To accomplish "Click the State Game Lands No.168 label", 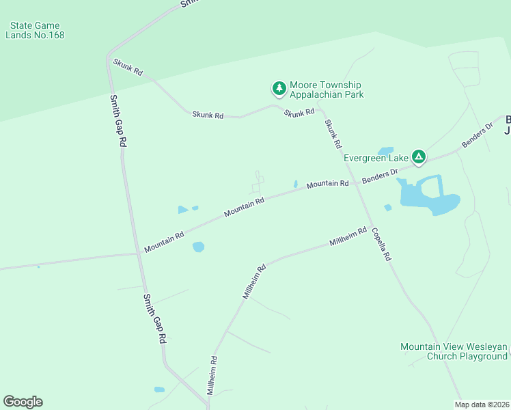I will point(36,30).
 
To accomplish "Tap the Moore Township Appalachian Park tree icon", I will point(279,88).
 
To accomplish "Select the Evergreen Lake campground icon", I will point(419,158).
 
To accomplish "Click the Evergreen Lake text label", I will point(375,158).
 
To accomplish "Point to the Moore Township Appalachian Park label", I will point(327,90).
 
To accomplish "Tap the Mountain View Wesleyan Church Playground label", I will point(454,351).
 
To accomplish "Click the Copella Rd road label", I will point(381,244).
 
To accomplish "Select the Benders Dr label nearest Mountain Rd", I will point(379,176).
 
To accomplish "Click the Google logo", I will point(23,402).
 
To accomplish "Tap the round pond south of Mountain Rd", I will point(198,247).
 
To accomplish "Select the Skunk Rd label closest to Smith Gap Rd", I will point(128,66).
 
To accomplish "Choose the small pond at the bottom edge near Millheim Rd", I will point(159,389).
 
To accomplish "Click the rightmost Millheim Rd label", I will point(348,236).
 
